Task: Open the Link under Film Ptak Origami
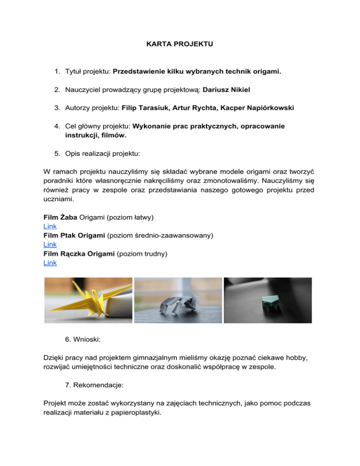pyautogui.click(x=49, y=244)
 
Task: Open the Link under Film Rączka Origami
pyautogui.click(x=49, y=263)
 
